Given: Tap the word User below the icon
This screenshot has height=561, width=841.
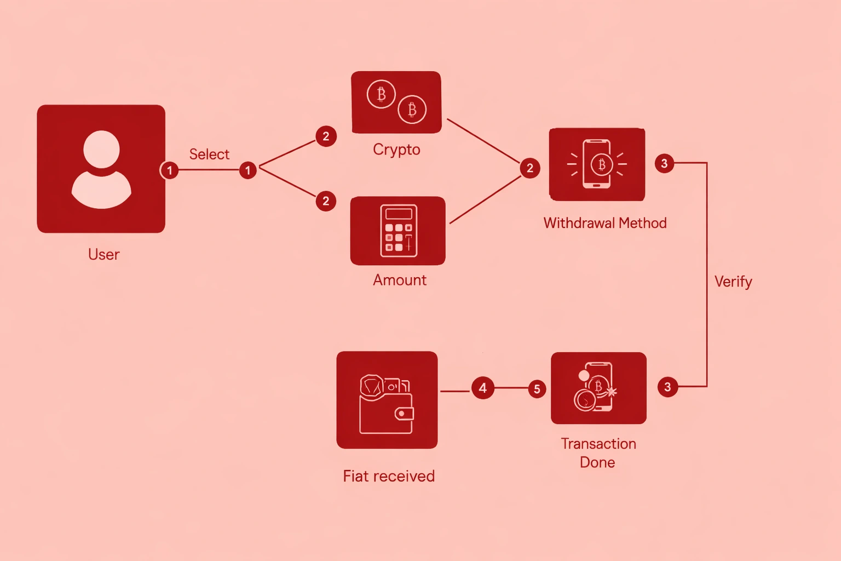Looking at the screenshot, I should click(103, 254).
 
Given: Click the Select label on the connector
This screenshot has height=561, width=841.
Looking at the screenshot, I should click(209, 154).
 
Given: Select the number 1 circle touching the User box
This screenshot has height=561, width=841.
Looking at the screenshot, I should click(170, 170).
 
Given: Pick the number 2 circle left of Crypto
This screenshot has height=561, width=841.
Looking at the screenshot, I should click(326, 136).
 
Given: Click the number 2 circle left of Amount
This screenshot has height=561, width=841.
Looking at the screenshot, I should click(326, 201).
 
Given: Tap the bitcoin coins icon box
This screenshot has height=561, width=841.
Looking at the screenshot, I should click(396, 102).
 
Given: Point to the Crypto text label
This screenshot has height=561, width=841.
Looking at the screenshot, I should click(396, 150).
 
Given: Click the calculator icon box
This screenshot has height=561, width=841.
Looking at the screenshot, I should click(398, 231).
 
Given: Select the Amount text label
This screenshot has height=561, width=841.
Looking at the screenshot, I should click(400, 280).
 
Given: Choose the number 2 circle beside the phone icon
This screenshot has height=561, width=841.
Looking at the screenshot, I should click(529, 168).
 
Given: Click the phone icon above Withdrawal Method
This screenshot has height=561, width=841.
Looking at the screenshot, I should click(597, 164).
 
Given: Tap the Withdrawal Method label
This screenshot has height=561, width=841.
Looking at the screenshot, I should click(605, 223).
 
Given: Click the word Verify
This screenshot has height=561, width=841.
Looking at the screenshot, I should click(733, 282).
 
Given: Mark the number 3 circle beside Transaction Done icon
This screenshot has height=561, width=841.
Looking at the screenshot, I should click(667, 387).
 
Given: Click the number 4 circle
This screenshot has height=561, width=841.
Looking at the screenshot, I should click(482, 388).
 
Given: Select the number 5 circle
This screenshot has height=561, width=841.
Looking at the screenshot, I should click(537, 389).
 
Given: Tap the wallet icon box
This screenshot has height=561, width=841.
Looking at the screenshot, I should click(387, 400).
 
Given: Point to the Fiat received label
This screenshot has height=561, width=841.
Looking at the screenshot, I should click(389, 476).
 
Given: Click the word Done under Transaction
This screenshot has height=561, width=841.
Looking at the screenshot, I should click(597, 462).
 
